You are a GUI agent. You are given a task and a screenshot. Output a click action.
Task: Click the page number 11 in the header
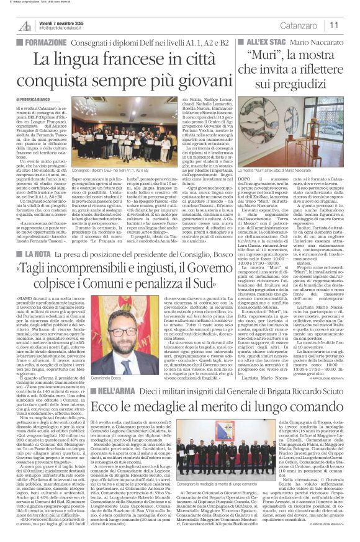point(334,25)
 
